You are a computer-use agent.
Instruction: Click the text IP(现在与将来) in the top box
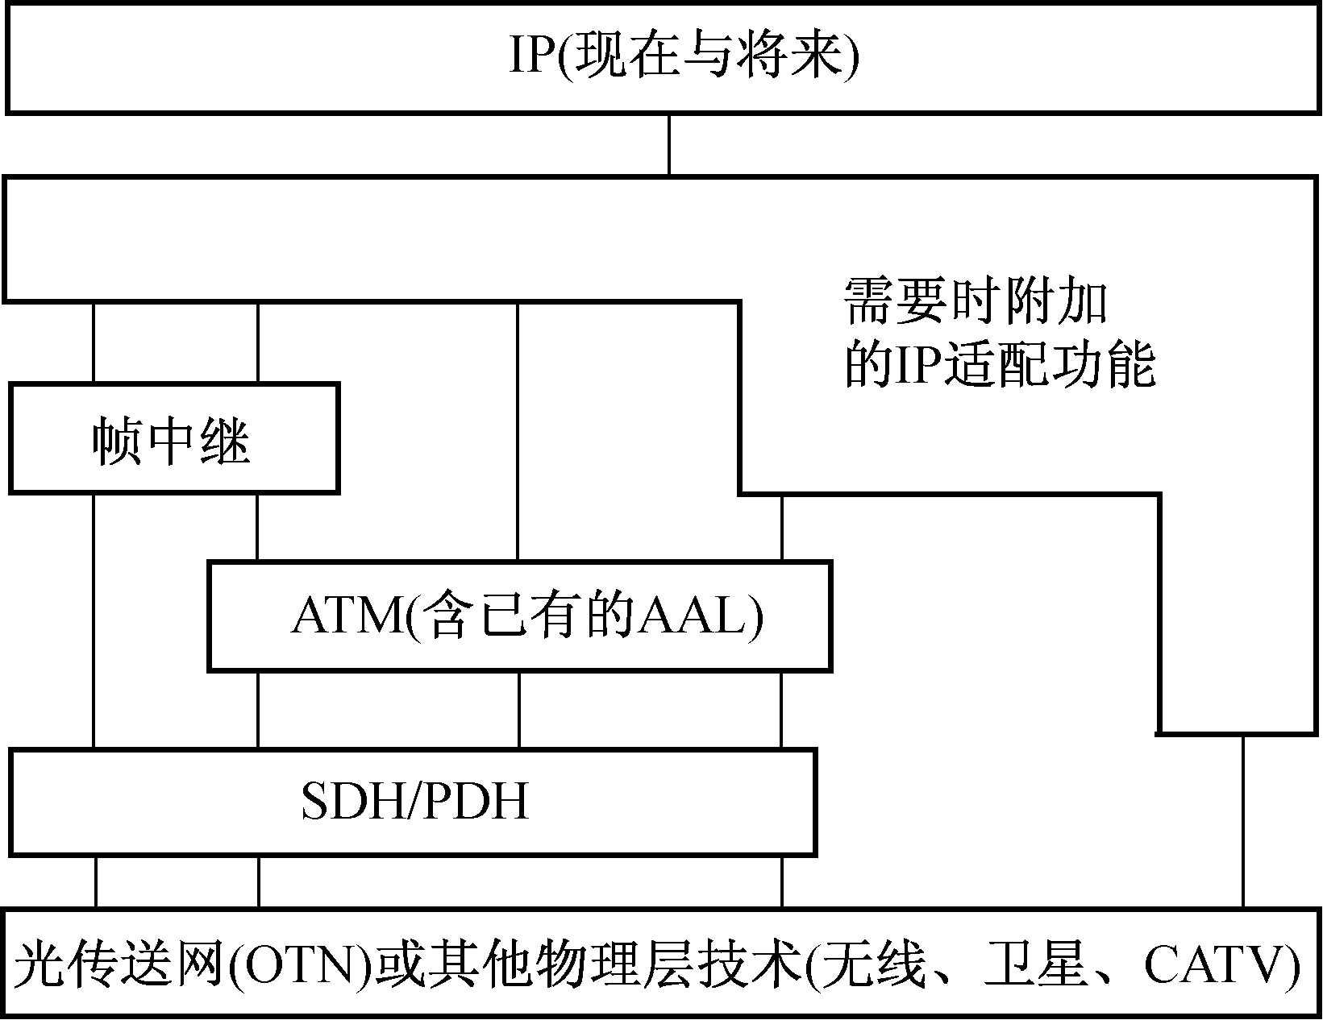pos(684,56)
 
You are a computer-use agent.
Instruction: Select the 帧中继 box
pos(173,438)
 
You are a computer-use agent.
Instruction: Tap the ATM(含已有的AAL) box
pos(519,616)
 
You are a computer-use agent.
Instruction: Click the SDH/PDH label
pos(414,802)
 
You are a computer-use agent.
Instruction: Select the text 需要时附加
pos(976,301)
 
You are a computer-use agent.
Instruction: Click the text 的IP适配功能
pos(1000,364)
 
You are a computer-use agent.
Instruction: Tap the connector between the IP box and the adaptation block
pos(668,144)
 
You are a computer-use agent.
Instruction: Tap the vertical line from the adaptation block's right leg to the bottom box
pos(1243,822)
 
